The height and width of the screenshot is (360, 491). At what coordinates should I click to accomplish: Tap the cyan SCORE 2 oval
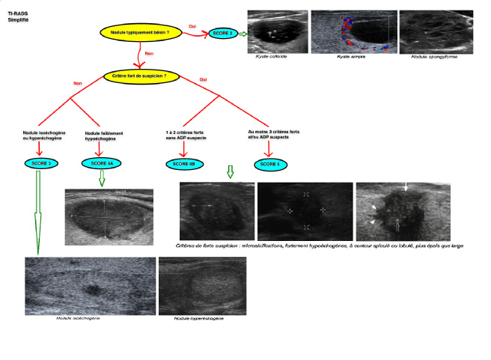click(226, 34)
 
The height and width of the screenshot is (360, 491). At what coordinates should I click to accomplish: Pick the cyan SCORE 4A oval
click(103, 163)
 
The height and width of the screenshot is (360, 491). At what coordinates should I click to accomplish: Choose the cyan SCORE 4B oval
click(182, 163)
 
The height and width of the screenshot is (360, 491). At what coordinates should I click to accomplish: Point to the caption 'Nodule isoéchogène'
click(79, 318)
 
